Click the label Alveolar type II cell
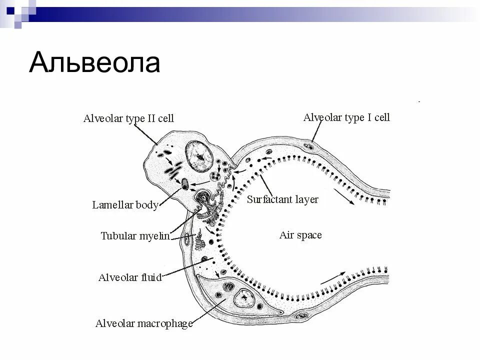pyautogui.click(x=128, y=118)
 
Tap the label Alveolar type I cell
pyautogui.click(x=346, y=117)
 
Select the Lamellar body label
pyautogui.click(x=125, y=205)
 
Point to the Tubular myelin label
pyautogui.click(x=135, y=235)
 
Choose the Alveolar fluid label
pyautogui.click(x=130, y=277)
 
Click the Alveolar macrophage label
pyautogui.click(x=144, y=323)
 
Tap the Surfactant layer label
pyautogui.click(x=282, y=199)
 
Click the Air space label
pyautogui.click(x=300, y=235)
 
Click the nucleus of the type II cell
pyautogui.click(x=199, y=156)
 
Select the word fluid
pyautogui.click(x=150, y=277)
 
